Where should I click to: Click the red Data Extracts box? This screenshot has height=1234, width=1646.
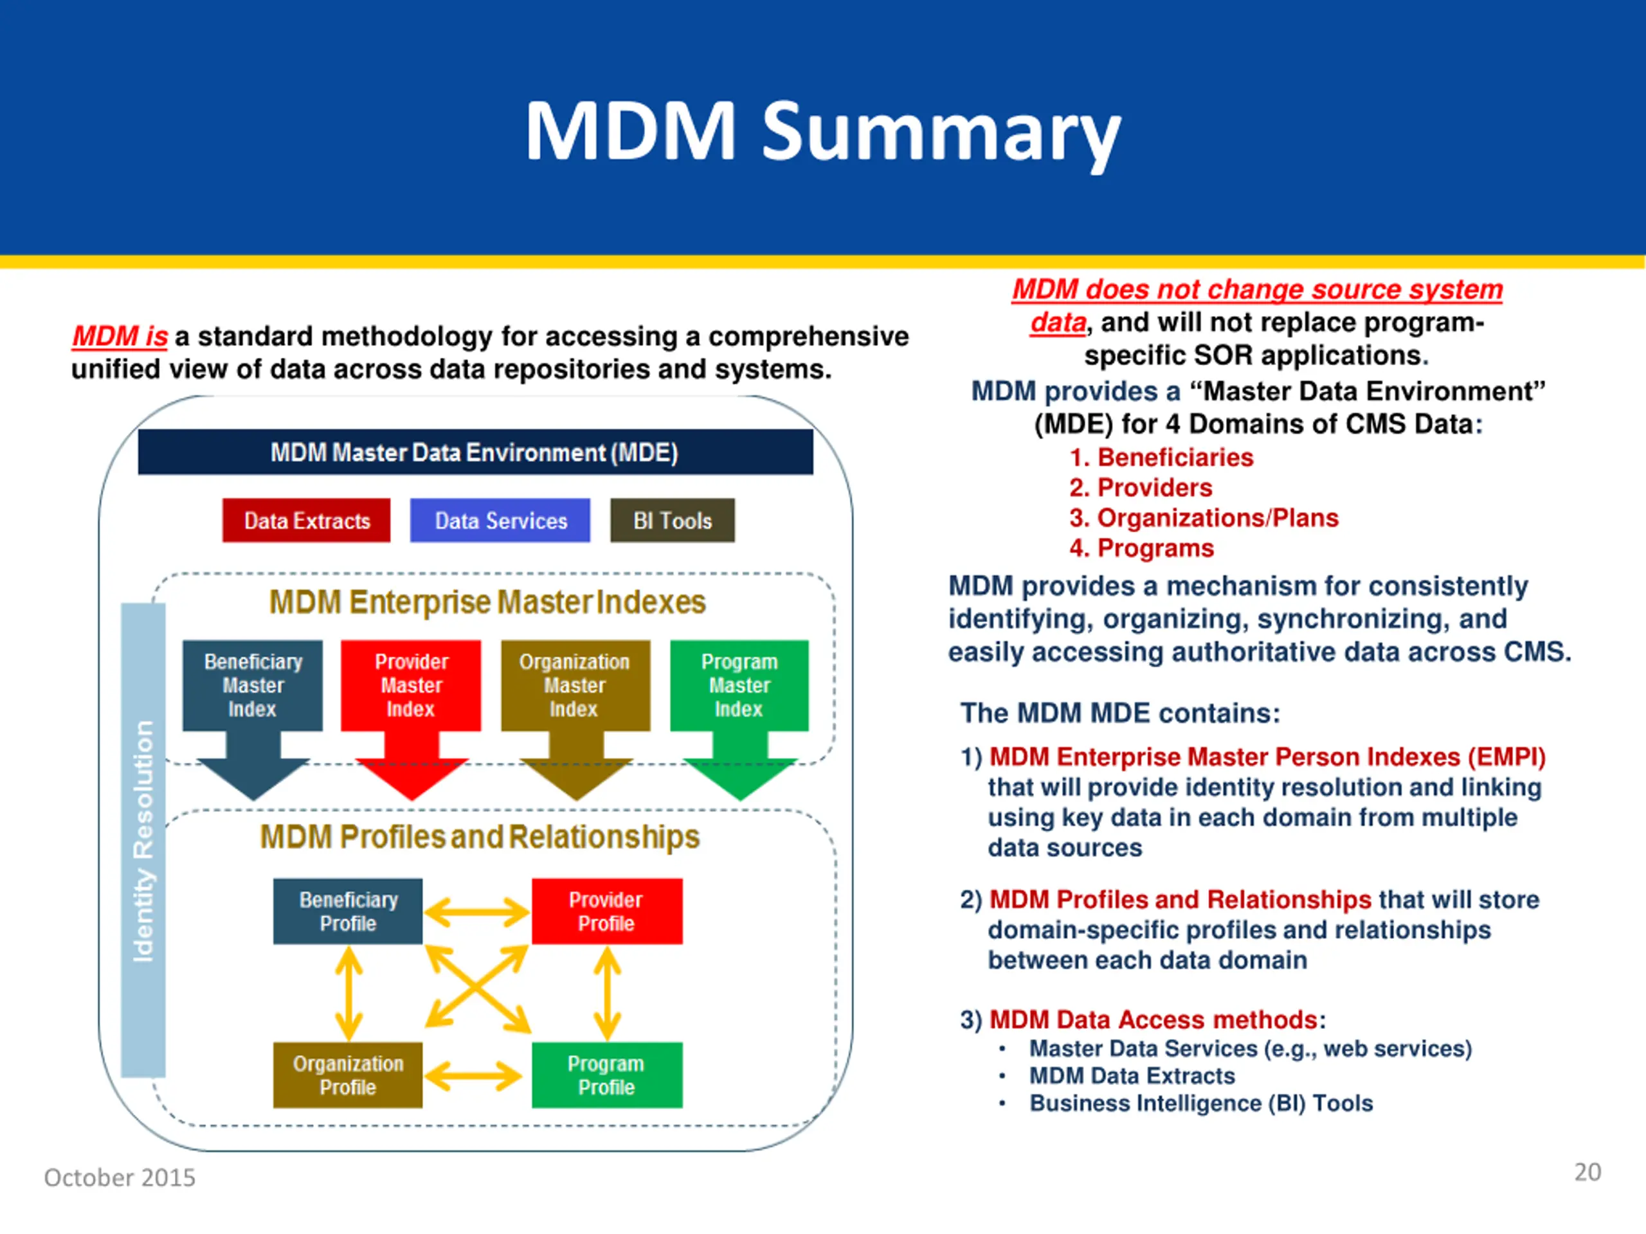click(306, 520)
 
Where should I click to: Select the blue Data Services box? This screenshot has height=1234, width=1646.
click(500, 520)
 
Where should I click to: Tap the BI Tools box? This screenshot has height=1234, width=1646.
click(673, 520)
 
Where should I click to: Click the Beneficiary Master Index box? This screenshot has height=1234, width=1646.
click(253, 686)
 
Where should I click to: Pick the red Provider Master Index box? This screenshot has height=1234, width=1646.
click(411, 686)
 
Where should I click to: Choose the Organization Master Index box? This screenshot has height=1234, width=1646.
click(575, 686)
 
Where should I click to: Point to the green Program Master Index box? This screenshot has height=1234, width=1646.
click(739, 686)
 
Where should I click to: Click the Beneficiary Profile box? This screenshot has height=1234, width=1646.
click(347, 911)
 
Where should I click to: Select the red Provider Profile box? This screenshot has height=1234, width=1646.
click(607, 911)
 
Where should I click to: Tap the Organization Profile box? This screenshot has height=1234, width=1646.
click(347, 1075)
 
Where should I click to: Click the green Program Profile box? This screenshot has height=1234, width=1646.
click(607, 1075)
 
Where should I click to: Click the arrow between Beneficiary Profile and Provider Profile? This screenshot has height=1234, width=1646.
click(477, 912)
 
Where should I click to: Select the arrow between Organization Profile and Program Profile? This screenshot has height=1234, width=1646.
click(473, 1075)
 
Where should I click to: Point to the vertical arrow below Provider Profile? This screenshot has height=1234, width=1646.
click(607, 994)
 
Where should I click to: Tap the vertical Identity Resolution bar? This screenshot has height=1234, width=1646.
click(143, 840)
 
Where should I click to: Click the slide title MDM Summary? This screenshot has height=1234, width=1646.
click(822, 132)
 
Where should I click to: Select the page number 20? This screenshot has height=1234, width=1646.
click(1587, 1172)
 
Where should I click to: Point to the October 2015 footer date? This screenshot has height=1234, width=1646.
click(120, 1177)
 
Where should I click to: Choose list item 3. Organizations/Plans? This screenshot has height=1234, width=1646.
click(1203, 517)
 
